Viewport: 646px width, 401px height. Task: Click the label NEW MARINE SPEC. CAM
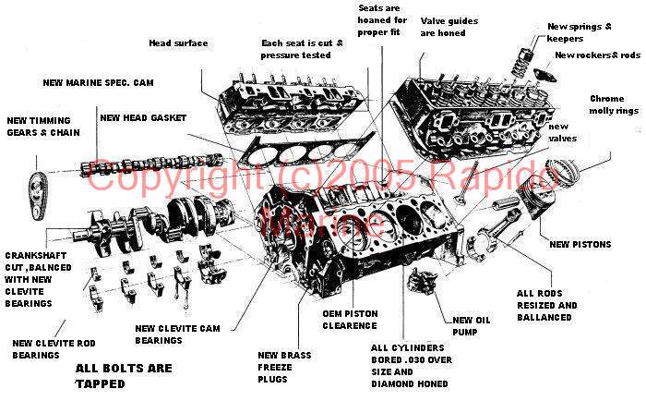98,82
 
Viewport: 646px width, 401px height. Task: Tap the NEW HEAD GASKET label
143,117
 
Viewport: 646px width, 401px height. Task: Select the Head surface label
178,43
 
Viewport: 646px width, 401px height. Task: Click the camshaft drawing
148,164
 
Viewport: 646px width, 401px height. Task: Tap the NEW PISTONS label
580,244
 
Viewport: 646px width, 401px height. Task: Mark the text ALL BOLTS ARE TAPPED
124,374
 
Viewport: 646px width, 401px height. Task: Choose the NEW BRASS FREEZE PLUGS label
284,368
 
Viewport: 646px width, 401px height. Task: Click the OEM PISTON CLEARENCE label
350,319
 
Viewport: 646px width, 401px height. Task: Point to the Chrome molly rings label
612,104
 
